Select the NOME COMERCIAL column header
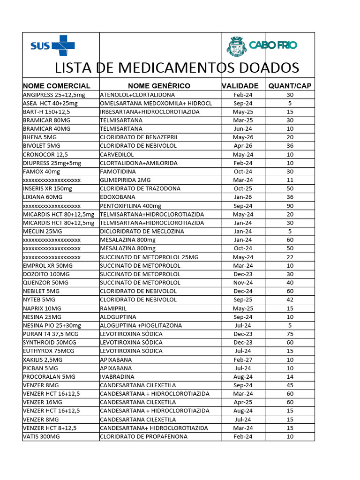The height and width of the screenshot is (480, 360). (x=56, y=86)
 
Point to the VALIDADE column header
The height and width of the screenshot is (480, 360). (x=240, y=86)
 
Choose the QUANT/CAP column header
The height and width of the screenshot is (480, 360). (x=290, y=86)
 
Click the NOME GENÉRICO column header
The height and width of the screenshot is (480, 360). (x=159, y=86)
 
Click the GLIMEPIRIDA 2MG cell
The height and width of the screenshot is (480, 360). (x=125, y=180)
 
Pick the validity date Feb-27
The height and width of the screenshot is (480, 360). (x=243, y=360)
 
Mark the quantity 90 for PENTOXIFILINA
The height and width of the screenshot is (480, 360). (x=290, y=206)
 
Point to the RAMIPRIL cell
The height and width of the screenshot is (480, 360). (x=113, y=308)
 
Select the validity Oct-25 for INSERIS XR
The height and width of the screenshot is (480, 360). (x=243, y=188)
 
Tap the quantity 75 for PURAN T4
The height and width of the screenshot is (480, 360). (x=290, y=334)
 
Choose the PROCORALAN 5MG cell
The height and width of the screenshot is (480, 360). (x=49, y=376)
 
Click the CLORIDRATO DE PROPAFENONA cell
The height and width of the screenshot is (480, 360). (x=143, y=436)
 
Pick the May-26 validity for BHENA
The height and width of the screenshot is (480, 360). (x=243, y=137)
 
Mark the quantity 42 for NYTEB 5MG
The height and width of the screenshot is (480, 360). (x=290, y=300)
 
